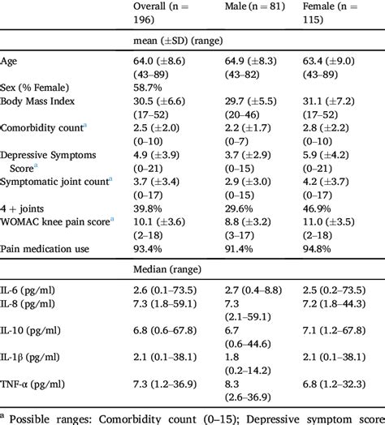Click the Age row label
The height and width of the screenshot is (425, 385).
(x=10, y=61)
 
